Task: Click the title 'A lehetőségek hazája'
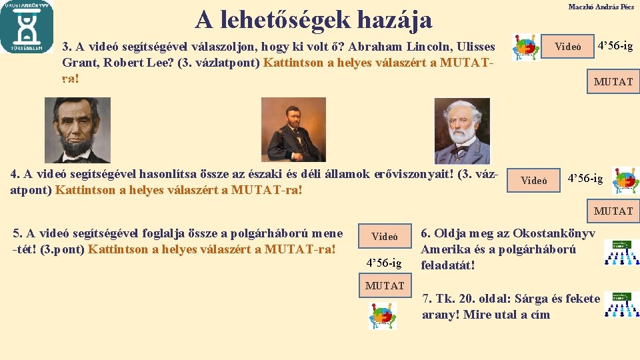[x=313, y=20]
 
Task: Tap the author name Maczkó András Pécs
[x=601, y=7]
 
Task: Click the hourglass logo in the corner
[x=27, y=27]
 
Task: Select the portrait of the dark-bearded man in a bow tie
[x=77, y=130]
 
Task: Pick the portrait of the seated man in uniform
[x=293, y=129]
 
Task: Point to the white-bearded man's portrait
[x=462, y=131]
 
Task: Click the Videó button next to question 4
[x=534, y=181]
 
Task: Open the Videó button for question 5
[x=385, y=237]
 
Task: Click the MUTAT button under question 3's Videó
[x=613, y=82]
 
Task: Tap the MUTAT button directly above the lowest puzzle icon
[x=385, y=286]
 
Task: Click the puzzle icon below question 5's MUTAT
[x=383, y=315]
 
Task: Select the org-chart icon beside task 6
[x=621, y=253]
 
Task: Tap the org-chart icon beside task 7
[x=621, y=305]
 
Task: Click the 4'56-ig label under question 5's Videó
[x=385, y=263]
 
